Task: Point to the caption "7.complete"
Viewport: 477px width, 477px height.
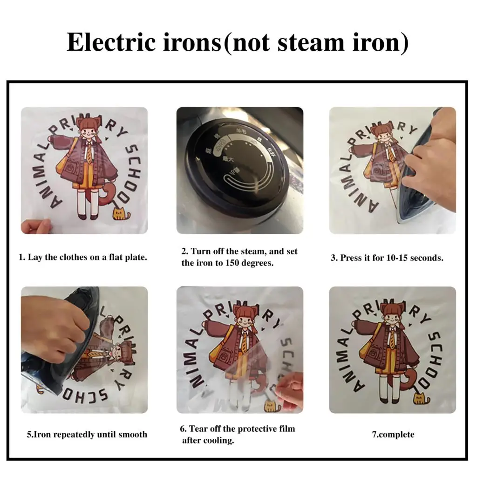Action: tap(393, 435)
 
